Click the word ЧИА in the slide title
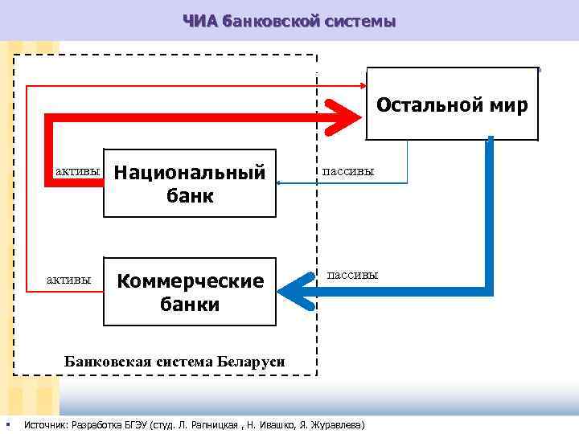(200, 20)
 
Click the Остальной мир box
(452, 104)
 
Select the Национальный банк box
(190, 183)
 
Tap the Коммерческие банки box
(190, 292)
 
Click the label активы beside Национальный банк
(77, 171)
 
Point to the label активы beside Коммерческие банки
(68, 280)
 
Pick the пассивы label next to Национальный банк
(348, 171)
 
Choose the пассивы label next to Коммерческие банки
(352, 275)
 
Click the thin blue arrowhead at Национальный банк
(279, 183)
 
